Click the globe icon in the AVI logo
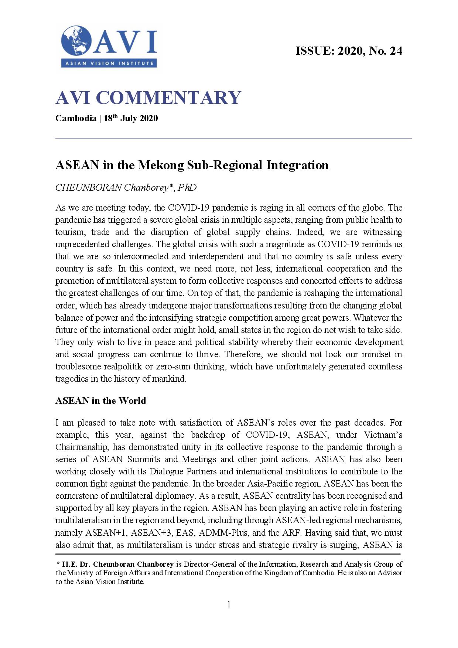[76, 41]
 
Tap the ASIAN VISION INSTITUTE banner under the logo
[109, 63]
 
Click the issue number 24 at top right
[396, 51]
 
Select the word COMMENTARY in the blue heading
[168, 98]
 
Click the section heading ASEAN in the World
[100, 401]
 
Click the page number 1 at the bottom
[229, 604]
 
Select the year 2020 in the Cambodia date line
[148, 119]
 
